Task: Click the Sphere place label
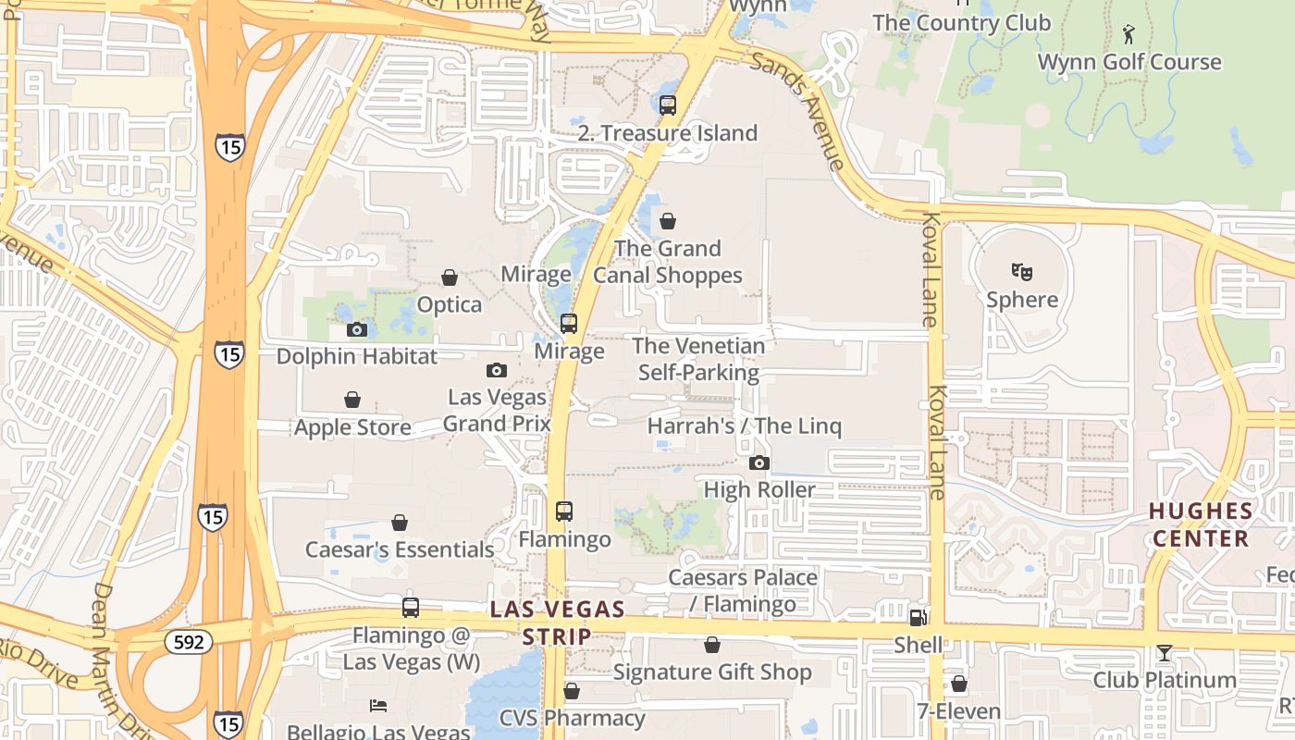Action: pos(1022,300)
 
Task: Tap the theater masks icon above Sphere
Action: pos(1022,272)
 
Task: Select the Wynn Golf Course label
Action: pos(1129,62)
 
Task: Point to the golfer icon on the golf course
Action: pos(1128,35)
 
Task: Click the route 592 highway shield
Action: pos(190,641)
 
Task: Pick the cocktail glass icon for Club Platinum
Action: pos(1164,653)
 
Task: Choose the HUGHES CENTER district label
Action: pos(1201,524)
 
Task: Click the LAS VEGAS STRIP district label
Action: pos(557,623)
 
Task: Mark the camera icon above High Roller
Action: pos(759,462)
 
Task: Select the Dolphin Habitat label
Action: pos(356,356)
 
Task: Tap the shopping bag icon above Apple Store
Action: pos(352,400)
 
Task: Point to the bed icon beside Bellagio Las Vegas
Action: pos(378,706)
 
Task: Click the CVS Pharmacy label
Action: pos(572,718)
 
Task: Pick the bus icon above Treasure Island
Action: pos(668,105)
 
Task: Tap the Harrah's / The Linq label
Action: pos(745,426)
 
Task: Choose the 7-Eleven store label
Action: pos(959,711)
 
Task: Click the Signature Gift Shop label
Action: pos(712,672)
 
